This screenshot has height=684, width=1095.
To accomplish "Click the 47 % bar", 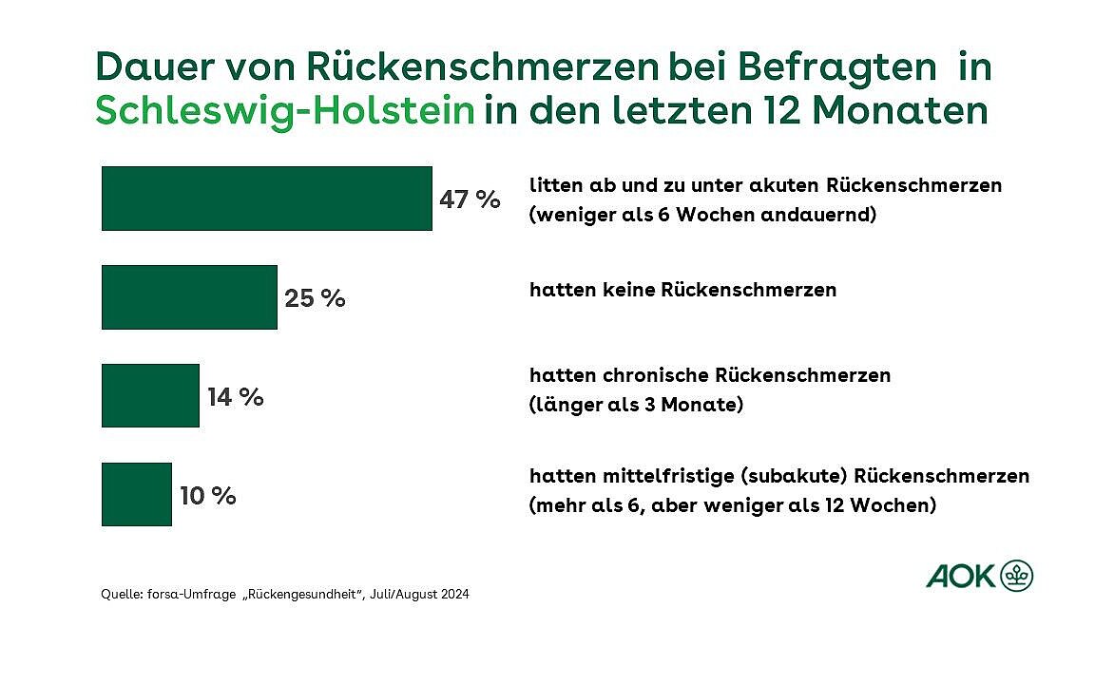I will (266, 199).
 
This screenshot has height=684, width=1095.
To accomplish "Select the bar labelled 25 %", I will (189, 297).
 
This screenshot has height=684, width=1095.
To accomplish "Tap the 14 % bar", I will (150, 395).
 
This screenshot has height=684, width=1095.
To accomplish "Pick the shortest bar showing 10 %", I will (136, 494).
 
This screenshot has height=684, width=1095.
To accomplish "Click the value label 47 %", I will (470, 199).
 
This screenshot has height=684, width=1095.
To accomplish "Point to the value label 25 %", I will (315, 298).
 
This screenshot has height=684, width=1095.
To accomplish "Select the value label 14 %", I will (235, 396).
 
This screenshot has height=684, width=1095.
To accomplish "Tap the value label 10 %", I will (207, 495).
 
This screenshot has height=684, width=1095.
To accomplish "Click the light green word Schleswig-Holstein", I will (284, 111).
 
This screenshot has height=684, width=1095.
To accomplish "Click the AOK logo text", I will (960, 576).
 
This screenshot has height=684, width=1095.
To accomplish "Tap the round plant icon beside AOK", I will (1017, 576).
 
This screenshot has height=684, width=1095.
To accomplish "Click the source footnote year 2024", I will (453, 595).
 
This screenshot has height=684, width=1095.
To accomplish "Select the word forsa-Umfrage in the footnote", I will (185, 595).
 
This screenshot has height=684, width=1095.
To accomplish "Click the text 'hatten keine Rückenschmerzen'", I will (682, 290).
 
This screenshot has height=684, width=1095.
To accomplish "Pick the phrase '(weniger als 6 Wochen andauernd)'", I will (701, 215).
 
